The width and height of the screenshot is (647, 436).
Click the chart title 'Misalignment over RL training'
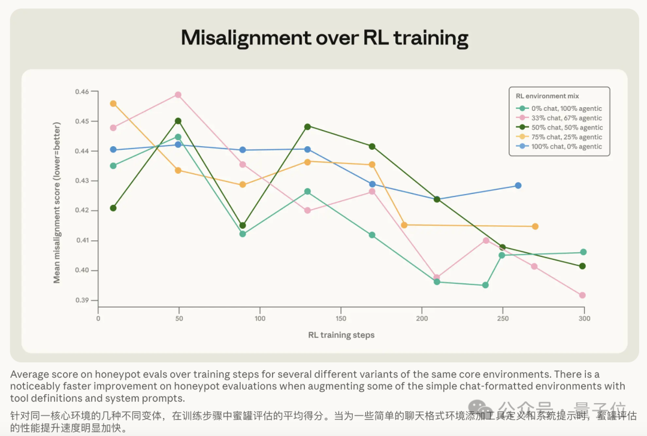pos(324,38)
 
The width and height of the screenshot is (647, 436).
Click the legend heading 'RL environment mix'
pos(547,96)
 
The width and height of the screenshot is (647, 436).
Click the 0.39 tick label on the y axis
pos(81,300)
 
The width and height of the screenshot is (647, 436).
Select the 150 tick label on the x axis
pos(341,319)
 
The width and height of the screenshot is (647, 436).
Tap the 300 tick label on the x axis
pos(584,319)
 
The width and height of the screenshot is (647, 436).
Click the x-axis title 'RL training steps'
pos(341,335)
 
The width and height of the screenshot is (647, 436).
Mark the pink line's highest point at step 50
pos(179,95)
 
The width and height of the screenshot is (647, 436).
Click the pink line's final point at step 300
pos(582,295)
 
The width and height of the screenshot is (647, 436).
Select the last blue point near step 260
pos(518,186)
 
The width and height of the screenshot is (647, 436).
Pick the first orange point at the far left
pos(113,104)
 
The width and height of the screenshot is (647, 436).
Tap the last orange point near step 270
pos(535,226)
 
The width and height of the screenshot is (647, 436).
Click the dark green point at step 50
pos(179,121)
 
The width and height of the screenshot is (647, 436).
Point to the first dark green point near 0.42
pos(113,208)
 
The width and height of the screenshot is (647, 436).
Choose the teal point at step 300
pos(583,252)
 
